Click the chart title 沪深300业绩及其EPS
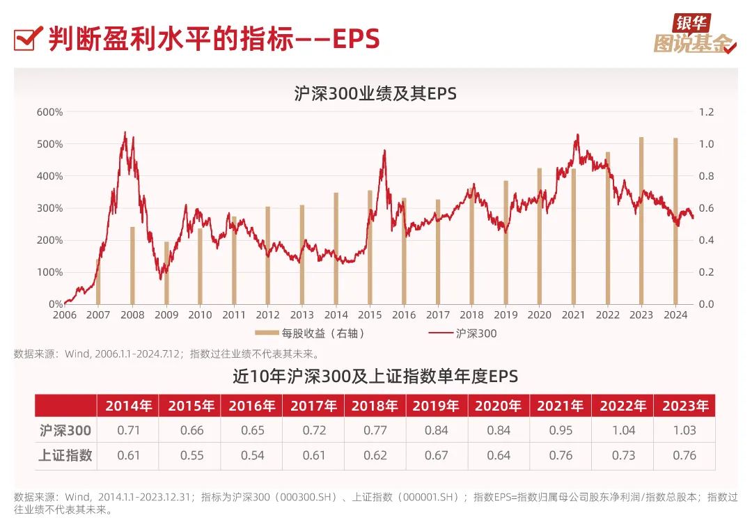click(x=375, y=93)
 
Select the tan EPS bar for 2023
click(x=641, y=221)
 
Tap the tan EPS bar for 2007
click(x=98, y=281)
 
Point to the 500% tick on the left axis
click(x=50, y=144)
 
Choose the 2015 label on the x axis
click(x=370, y=315)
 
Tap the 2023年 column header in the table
click(x=685, y=406)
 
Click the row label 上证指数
click(x=65, y=455)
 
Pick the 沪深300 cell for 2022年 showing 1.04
click(x=623, y=430)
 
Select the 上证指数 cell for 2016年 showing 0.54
click(x=252, y=455)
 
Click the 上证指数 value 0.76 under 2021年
click(x=561, y=455)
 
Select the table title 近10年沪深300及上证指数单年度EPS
click(x=375, y=377)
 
